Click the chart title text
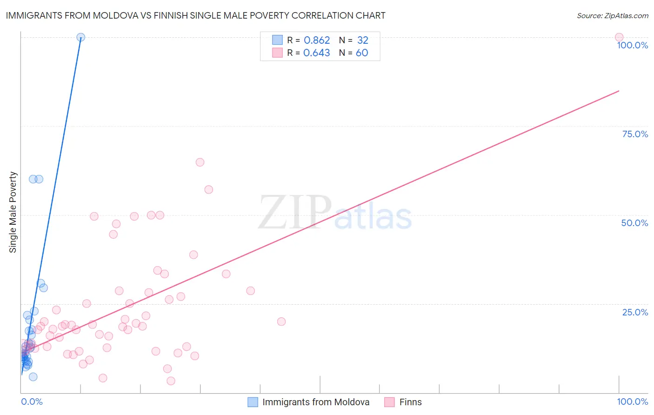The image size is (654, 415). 195,15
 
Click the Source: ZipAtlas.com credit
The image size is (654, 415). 612,15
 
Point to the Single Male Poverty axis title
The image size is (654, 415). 13,212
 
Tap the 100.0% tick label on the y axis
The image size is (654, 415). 632,45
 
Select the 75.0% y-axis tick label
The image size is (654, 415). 635,134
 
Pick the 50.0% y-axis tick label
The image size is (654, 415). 634,223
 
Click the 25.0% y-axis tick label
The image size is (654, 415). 635,312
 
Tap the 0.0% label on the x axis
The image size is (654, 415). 32,402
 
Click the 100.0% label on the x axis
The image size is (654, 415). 632,402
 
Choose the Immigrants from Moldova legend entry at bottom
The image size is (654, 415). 315,402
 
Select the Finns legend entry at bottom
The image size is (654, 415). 410,402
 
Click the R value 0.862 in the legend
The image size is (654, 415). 317,40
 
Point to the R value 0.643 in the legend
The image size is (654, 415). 317,53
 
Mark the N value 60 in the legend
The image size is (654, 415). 362,53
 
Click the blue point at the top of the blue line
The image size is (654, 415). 80,37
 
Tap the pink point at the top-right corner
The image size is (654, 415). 619,37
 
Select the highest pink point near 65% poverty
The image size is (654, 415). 200,162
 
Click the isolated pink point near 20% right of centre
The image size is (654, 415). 281,321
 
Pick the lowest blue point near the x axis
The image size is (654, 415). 33,377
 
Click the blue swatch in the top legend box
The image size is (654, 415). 277,40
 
